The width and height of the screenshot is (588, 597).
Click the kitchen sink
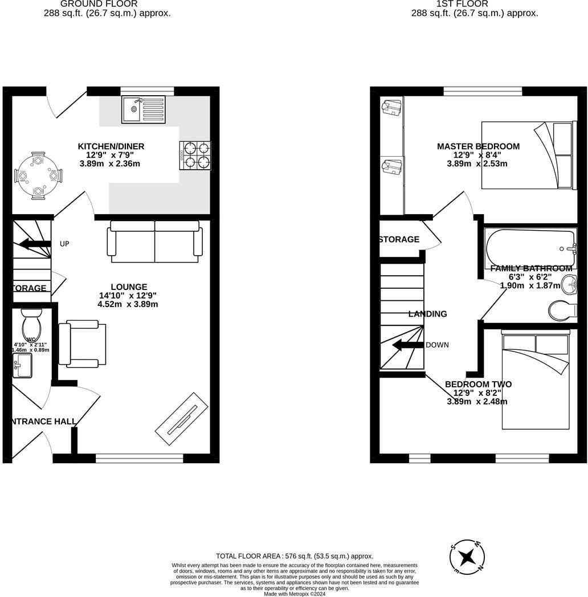143,110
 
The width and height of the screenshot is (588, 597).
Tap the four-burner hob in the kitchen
195,156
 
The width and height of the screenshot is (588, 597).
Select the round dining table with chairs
38,176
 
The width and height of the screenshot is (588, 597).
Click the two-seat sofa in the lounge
155,242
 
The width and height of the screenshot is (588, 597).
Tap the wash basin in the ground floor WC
22,365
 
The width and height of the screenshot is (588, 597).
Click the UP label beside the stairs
64,244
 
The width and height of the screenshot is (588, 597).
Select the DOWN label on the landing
437,345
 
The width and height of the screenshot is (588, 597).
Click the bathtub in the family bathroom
530,248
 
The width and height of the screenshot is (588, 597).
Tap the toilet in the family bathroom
562,311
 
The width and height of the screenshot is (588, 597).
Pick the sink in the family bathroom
569,284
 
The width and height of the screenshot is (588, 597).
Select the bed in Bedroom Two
535,381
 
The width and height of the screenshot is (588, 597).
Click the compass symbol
467,555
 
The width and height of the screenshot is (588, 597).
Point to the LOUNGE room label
129,287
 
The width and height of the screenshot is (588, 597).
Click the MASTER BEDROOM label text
478,146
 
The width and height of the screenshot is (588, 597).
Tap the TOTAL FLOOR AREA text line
294,556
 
